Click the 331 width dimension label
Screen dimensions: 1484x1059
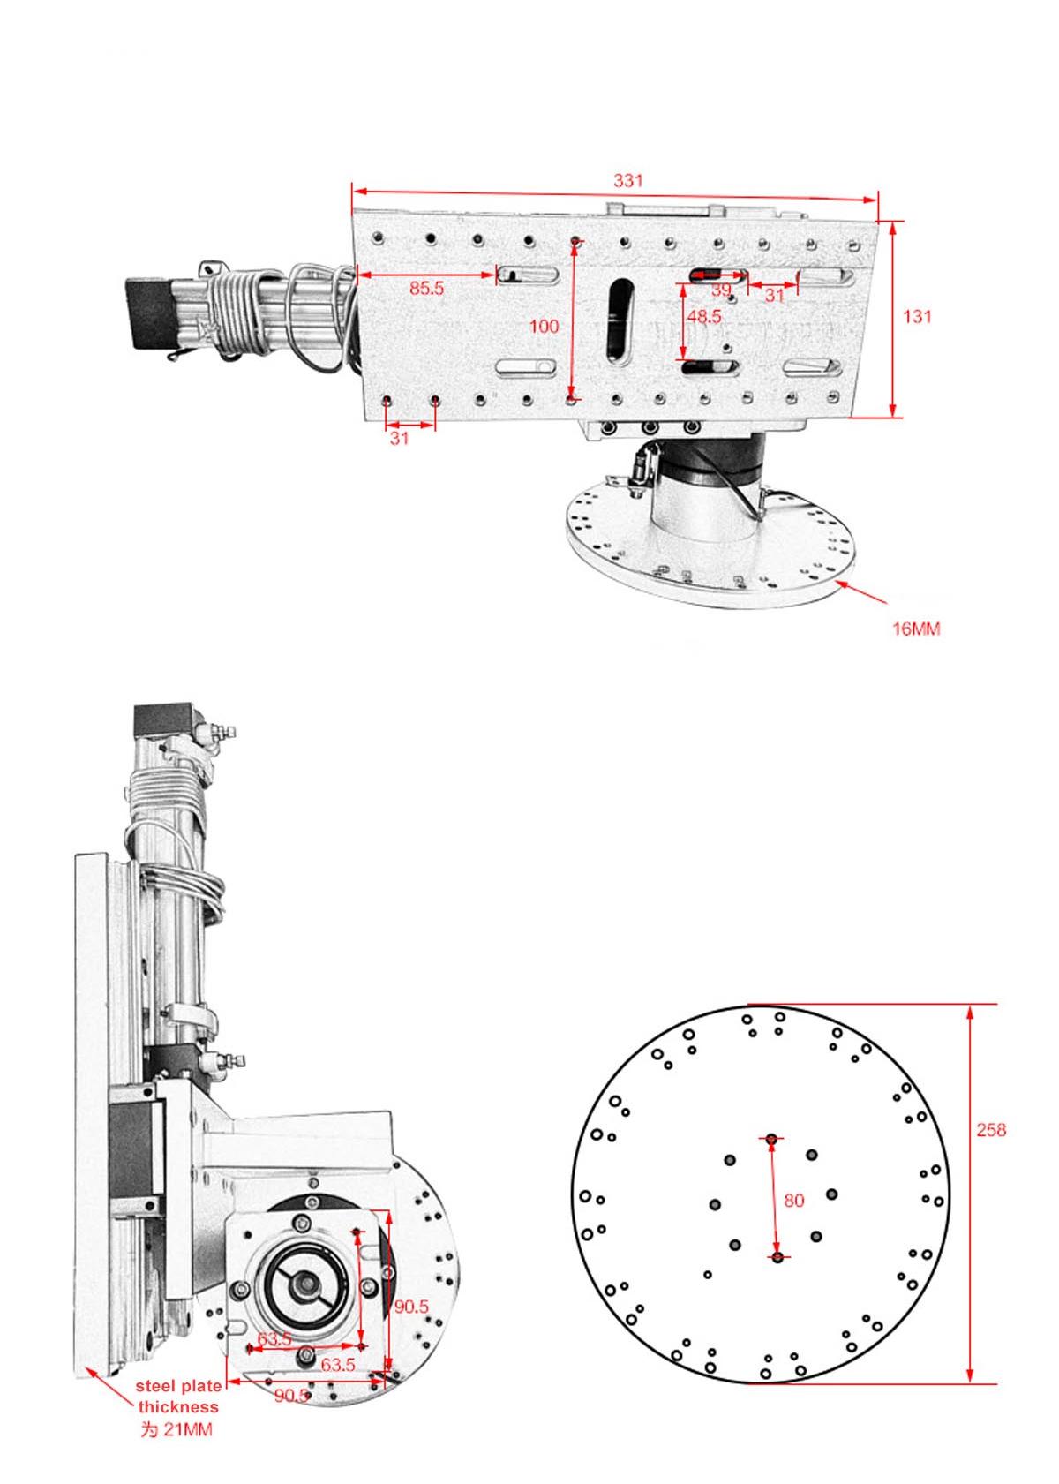pos(627,181)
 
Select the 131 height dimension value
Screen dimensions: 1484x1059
pos(917,316)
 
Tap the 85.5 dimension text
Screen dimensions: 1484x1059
pos(426,289)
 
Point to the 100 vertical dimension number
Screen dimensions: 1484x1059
pos(544,327)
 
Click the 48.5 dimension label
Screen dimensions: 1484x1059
pos(704,316)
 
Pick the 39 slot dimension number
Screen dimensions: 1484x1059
pos(721,290)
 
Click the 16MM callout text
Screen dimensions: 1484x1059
pos(916,629)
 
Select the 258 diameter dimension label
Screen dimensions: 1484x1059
pos(990,1130)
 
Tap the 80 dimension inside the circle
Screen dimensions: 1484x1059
pos(794,1201)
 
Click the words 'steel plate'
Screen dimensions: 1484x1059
pos(178,1387)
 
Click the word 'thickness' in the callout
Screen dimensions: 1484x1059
pos(178,1408)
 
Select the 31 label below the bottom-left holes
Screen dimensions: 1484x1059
pos(400,439)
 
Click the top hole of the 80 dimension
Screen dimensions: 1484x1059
pos(772,1140)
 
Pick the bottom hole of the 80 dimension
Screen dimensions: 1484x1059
pos(777,1257)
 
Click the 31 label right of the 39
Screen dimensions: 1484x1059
pos(774,296)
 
